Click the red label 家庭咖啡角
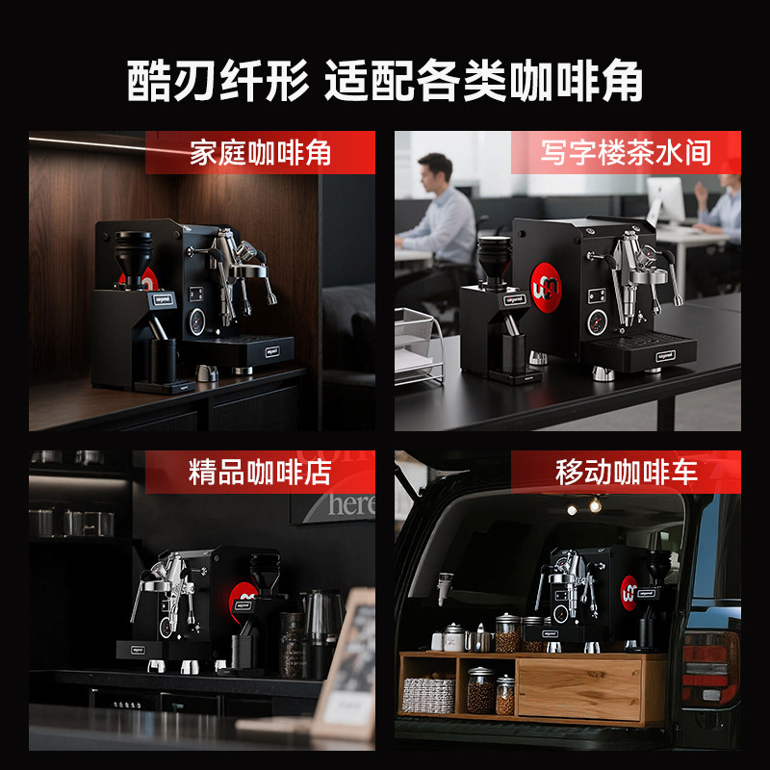pyautogui.click(x=260, y=153)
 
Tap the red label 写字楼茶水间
pyautogui.click(x=626, y=153)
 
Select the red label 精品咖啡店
pyautogui.click(x=260, y=472)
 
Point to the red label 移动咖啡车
pyautogui.click(x=626, y=472)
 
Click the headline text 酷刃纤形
pyautogui.click(x=219, y=82)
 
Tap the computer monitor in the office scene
pyautogui.click(x=664, y=199)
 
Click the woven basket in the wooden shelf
pyautogui.click(x=427, y=695)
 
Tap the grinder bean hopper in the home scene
pyautogui.click(x=133, y=250)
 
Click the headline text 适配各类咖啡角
pyautogui.click(x=483, y=82)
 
